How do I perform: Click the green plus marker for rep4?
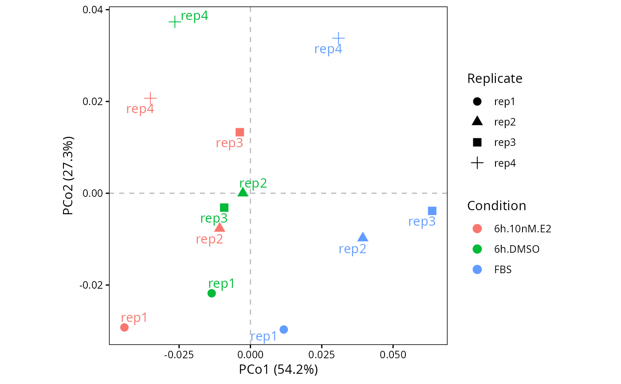[175, 22]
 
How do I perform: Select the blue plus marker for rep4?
[338, 38]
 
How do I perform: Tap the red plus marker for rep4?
[150, 98]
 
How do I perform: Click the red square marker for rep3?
[240, 133]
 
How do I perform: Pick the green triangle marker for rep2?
[243, 192]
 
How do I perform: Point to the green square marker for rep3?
[224, 208]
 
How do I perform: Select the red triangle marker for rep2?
[220, 227]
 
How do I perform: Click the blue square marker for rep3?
[432, 211]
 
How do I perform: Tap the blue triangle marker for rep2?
[363, 237]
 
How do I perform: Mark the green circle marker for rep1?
[212, 293]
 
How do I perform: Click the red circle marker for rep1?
[125, 328]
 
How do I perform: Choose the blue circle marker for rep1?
[283, 329]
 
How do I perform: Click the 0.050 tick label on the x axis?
[393, 355]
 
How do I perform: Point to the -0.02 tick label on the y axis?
[91, 285]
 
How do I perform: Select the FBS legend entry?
[503, 270]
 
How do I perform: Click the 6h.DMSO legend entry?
[517, 249]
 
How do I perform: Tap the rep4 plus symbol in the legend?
[477, 163]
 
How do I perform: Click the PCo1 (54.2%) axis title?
[279, 370]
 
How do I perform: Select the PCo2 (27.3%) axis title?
[68, 176]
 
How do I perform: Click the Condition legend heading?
[496, 206]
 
